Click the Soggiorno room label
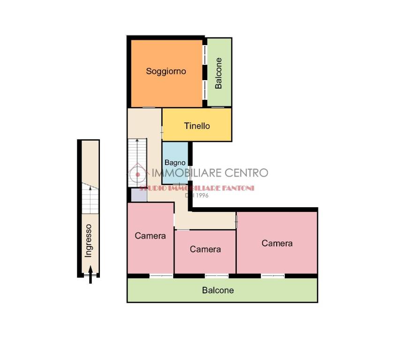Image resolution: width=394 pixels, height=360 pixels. pyautogui.click(x=166, y=72)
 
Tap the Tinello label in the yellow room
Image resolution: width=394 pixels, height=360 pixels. pyautogui.click(x=197, y=126)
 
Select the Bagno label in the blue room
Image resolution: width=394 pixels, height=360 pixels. pyautogui.click(x=175, y=163)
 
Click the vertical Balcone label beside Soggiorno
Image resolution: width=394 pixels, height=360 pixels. pyautogui.click(x=219, y=73)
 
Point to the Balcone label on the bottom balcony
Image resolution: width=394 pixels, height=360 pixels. pyautogui.click(x=218, y=291)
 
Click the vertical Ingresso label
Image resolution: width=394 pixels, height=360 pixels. pyautogui.click(x=88, y=241)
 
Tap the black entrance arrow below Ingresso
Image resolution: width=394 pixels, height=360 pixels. pyautogui.click(x=91, y=275)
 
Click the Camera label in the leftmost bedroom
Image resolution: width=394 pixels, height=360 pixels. pyautogui.click(x=150, y=236)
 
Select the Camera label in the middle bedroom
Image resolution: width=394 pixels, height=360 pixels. pyautogui.click(x=205, y=249)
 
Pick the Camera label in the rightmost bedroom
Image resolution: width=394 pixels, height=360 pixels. pyautogui.click(x=277, y=243)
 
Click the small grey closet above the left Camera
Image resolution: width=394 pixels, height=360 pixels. pyautogui.click(x=139, y=195)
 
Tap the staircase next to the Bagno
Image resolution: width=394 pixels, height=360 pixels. pyautogui.click(x=137, y=163)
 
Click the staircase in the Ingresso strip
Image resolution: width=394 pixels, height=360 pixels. pyautogui.click(x=90, y=198)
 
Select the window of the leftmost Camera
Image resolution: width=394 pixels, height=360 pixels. pyautogui.click(x=161, y=276)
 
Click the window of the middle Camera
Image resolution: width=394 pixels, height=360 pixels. pyautogui.click(x=217, y=276)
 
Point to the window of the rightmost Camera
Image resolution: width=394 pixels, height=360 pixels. pyautogui.click(x=273, y=276)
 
